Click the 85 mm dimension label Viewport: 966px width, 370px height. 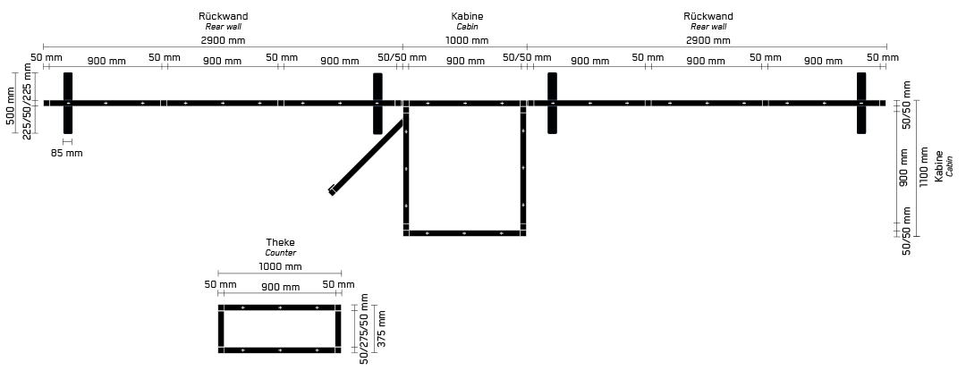tap(66, 154)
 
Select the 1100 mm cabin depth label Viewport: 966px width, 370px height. tap(923, 166)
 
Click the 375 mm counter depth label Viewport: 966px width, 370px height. tap(381, 329)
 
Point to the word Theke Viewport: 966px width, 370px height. tap(280, 242)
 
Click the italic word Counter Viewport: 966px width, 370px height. tap(280, 253)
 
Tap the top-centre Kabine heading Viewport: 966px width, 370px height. tap(467, 17)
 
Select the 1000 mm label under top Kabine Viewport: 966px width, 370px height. tap(467, 40)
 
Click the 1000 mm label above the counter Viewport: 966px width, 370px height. tap(280, 266)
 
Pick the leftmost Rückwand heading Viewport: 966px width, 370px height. tap(223, 17)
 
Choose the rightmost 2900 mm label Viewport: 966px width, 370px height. tap(708, 40)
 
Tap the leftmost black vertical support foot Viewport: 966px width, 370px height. tap(68, 103)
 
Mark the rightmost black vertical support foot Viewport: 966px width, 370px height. tap(861, 103)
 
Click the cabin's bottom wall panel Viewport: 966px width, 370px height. tap(464, 233)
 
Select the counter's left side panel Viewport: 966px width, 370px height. tap(221, 329)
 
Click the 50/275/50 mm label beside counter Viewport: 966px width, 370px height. tap(364, 329)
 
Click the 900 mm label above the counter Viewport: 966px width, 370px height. tap(280, 287)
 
